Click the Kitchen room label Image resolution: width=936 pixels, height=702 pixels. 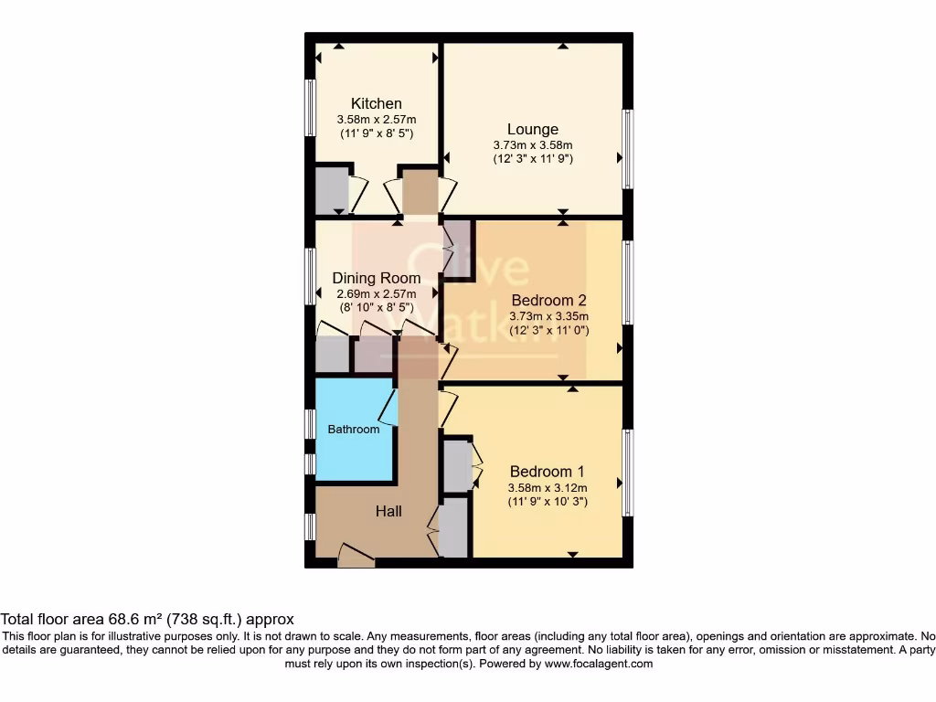tap(376, 103)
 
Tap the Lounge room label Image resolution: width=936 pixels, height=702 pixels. tap(533, 129)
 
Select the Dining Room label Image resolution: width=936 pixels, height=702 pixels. tap(376, 278)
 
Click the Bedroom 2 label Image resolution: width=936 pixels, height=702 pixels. tap(548, 300)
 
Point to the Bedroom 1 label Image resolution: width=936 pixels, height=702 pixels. tap(548, 471)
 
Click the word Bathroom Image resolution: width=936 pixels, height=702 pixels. tap(354, 429)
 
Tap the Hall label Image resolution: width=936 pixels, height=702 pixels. tap(388, 512)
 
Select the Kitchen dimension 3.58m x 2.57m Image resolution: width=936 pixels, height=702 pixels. tap(376, 119)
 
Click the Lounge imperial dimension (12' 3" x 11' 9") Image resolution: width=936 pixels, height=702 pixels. tap(533, 158)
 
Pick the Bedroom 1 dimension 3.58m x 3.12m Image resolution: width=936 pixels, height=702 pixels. tap(548, 486)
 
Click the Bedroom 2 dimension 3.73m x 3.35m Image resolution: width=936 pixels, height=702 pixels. tap(548, 316)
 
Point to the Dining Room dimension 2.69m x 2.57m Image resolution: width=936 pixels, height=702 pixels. tap(376, 293)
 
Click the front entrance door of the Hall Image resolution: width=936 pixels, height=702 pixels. tap(356, 556)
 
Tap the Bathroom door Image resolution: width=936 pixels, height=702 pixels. tap(389, 406)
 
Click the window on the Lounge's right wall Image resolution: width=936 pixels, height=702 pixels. tap(627, 149)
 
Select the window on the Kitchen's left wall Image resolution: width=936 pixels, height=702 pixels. tap(310, 108)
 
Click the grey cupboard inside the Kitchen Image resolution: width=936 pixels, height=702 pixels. tap(331, 189)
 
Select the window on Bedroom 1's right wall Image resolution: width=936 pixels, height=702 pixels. tap(627, 473)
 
